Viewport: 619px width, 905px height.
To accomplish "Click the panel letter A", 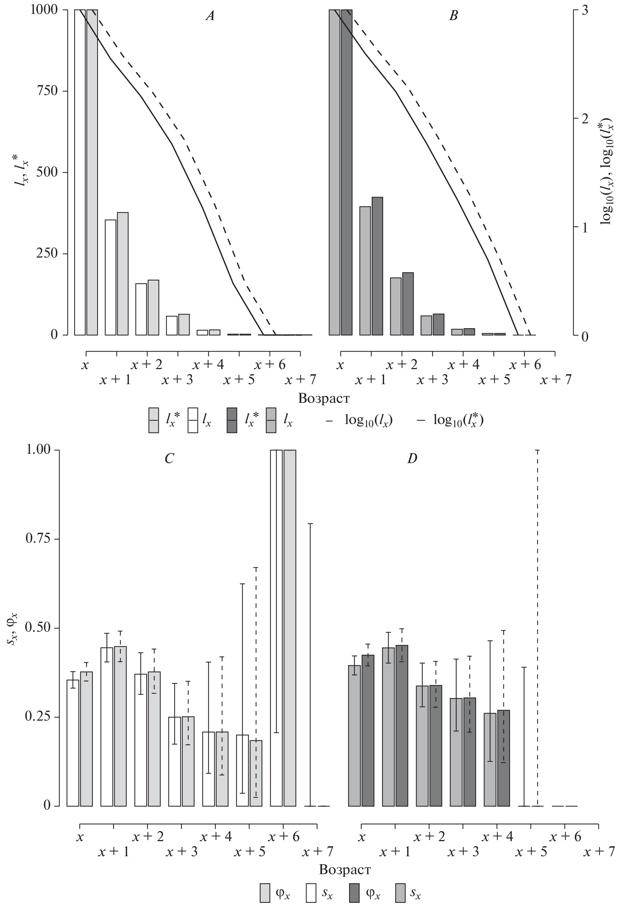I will pos(210,16).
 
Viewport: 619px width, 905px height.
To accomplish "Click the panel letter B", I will pos(453,16).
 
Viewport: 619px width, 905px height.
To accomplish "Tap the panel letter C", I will pos(169,459).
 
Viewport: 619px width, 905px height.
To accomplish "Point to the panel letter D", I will pos(412,459).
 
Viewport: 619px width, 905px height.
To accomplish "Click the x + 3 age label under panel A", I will pos(177,380).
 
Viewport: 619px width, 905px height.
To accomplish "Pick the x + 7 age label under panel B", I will pos(556,380).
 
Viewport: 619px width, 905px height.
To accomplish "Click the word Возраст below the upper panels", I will pos(324,399).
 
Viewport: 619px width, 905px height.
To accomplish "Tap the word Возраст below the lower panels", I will pos(345,869).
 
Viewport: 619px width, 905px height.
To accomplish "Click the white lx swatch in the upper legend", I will pos(193,420).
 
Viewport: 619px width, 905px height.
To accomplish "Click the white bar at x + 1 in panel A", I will pos(110,277).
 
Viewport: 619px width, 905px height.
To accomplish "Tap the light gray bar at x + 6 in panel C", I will pos(290,628).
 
